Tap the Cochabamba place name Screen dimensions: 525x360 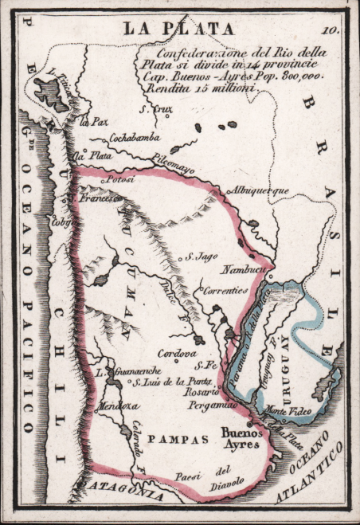(133, 136)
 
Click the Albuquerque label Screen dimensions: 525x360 (257, 191)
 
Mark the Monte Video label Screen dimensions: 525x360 (286, 408)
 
